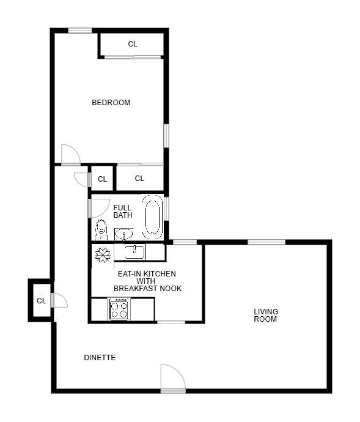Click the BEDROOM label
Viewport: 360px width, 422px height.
tap(111, 103)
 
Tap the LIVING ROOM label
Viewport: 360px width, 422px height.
tap(266, 315)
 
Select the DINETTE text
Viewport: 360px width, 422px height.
tap(100, 358)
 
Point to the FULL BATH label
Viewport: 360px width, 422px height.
tap(122, 212)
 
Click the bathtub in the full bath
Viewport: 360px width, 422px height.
tap(152, 217)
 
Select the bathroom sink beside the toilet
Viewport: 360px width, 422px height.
tap(124, 234)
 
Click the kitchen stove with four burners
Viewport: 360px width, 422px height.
tap(119, 309)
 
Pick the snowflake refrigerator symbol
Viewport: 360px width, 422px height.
tap(103, 254)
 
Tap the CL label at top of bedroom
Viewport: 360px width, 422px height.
tap(133, 44)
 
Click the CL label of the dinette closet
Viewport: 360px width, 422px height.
tap(42, 301)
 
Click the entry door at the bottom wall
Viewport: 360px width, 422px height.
tap(172, 379)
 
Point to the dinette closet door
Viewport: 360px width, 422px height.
tap(59, 300)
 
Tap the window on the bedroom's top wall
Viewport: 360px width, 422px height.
tap(79, 31)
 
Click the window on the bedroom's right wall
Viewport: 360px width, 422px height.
tap(166, 135)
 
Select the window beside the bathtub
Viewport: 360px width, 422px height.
tap(166, 208)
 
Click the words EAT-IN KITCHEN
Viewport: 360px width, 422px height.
tap(147, 273)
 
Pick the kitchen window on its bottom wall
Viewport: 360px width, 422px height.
tap(171, 322)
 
